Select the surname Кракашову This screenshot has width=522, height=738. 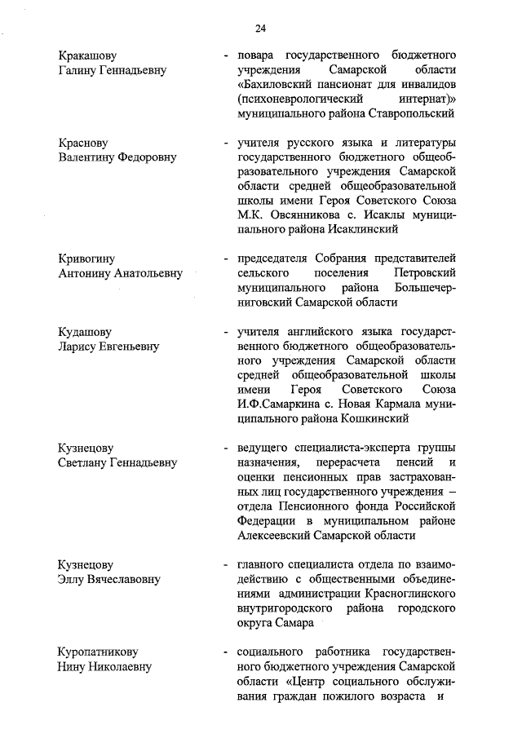pyautogui.click(x=87, y=55)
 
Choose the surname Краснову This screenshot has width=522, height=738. pyautogui.click(x=83, y=144)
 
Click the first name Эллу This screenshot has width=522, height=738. pyautogui.click(x=73, y=580)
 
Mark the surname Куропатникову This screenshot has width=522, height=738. pyautogui.click(x=99, y=652)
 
